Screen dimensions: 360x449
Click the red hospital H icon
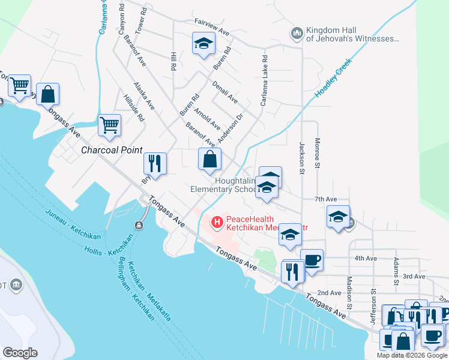[x=216, y=223]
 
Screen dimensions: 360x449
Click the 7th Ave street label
[x=325, y=199]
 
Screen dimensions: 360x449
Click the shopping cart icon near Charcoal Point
[x=109, y=125]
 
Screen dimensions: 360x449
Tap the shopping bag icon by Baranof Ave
[x=209, y=159]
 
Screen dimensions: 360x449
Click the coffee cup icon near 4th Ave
[x=312, y=260]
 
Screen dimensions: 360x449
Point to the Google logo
[x=20, y=353]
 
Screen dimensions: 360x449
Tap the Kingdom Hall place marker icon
[x=297, y=34]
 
